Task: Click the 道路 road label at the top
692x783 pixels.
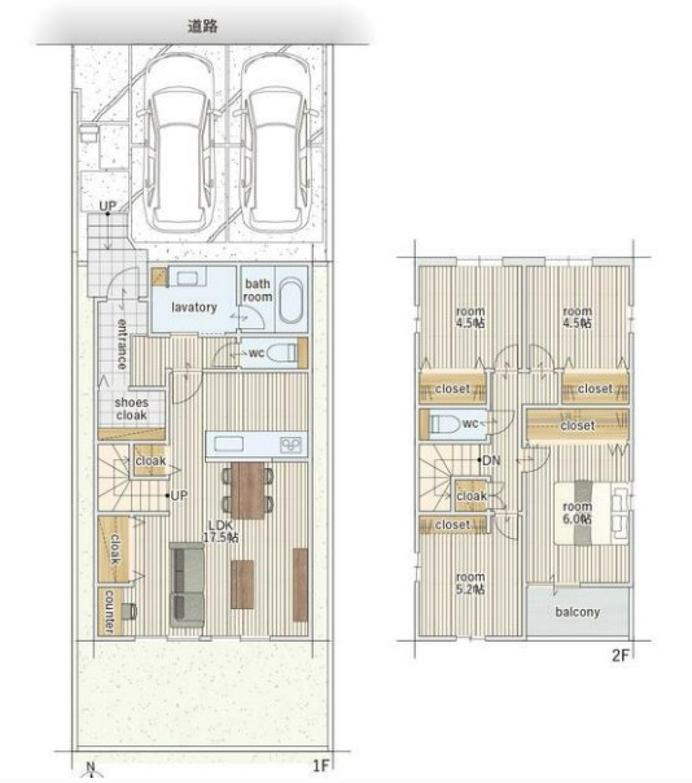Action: tap(203, 26)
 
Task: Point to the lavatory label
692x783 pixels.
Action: tap(194, 307)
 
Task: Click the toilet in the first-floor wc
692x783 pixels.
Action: tap(282, 353)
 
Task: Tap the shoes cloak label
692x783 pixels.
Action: tap(131, 408)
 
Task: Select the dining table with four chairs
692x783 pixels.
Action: tap(248, 490)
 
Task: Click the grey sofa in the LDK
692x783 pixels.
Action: tap(187, 585)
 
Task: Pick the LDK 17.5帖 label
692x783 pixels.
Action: tap(220, 531)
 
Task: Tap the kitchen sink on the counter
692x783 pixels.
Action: tap(228, 444)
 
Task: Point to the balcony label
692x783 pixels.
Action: tap(578, 612)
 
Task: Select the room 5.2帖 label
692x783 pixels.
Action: tap(471, 583)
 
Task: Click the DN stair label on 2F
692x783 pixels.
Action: tap(491, 460)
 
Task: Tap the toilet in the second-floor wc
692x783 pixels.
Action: tap(445, 424)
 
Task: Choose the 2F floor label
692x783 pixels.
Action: tap(621, 655)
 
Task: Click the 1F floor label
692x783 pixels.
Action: tap(320, 765)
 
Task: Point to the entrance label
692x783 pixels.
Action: tap(122, 344)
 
